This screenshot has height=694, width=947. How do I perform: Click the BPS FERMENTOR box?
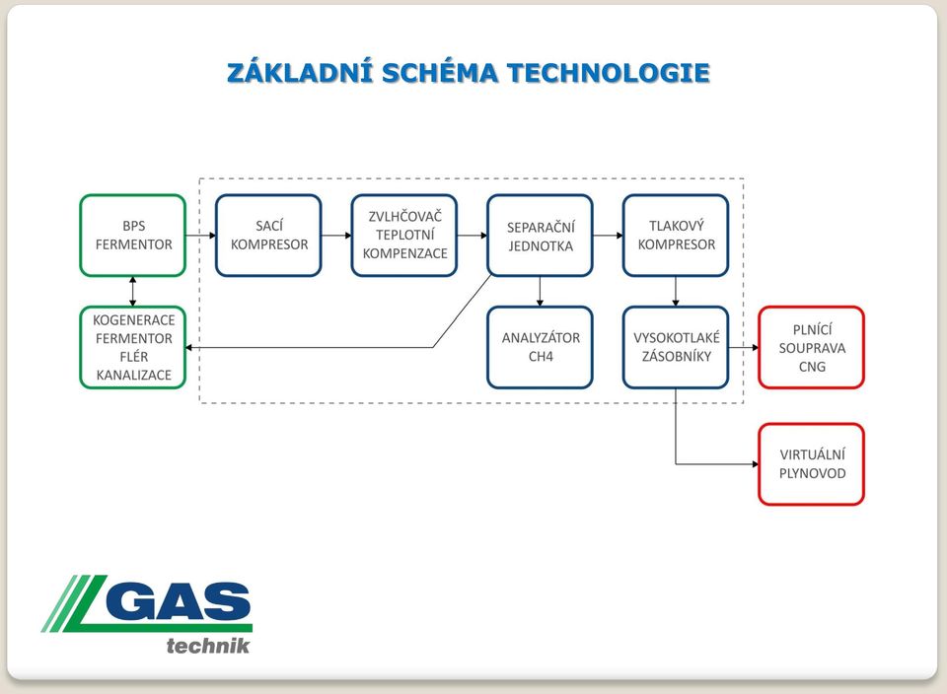click(x=133, y=236)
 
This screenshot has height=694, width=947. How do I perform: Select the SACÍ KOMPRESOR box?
click(x=268, y=236)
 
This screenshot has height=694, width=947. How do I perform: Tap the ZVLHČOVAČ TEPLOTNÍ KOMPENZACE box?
click(x=404, y=236)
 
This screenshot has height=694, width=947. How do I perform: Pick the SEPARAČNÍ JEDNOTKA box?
click(x=540, y=236)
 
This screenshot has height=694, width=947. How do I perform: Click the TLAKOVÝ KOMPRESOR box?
click(x=676, y=236)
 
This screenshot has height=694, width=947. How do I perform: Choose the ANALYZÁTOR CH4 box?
click(x=540, y=348)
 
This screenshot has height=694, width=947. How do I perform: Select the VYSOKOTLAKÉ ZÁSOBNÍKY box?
click(x=676, y=348)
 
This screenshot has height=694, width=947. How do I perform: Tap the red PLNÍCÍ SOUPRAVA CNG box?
click(x=812, y=348)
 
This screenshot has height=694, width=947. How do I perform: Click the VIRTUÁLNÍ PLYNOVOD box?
click(x=812, y=464)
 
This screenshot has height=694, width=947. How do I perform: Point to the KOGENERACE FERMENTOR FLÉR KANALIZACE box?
click(x=133, y=348)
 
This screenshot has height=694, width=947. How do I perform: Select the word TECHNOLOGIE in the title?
click(x=609, y=73)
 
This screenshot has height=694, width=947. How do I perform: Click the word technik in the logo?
click(x=208, y=646)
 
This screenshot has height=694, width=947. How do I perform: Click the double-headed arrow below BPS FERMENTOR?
click(x=133, y=292)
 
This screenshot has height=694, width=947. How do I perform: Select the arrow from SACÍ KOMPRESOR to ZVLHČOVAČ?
click(x=336, y=236)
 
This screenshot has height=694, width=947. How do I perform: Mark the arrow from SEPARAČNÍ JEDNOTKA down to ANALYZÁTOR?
click(x=540, y=292)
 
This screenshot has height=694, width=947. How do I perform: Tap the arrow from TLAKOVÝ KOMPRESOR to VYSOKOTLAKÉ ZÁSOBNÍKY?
click(x=675, y=292)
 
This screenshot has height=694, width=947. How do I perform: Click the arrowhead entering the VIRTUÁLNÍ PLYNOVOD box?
click(x=755, y=464)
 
